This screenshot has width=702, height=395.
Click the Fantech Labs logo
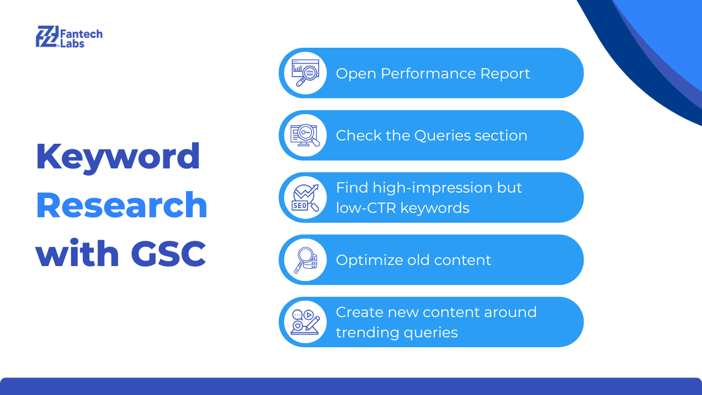click(69, 37)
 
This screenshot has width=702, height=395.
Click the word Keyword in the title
click(118, 157)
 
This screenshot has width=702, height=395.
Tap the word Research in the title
click(122, 205)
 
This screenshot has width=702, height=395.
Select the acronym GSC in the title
click(168, 253)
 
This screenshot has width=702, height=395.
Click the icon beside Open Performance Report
click(305, 73)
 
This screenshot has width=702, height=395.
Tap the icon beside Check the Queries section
click(305, 136)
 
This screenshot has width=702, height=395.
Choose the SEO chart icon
click(305, 198)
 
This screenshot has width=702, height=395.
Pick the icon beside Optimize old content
click(305, 260)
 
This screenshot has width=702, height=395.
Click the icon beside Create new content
click(305, 322)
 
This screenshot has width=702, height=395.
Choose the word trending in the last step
click(367, 332)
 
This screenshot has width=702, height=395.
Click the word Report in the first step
click(505, 74)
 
